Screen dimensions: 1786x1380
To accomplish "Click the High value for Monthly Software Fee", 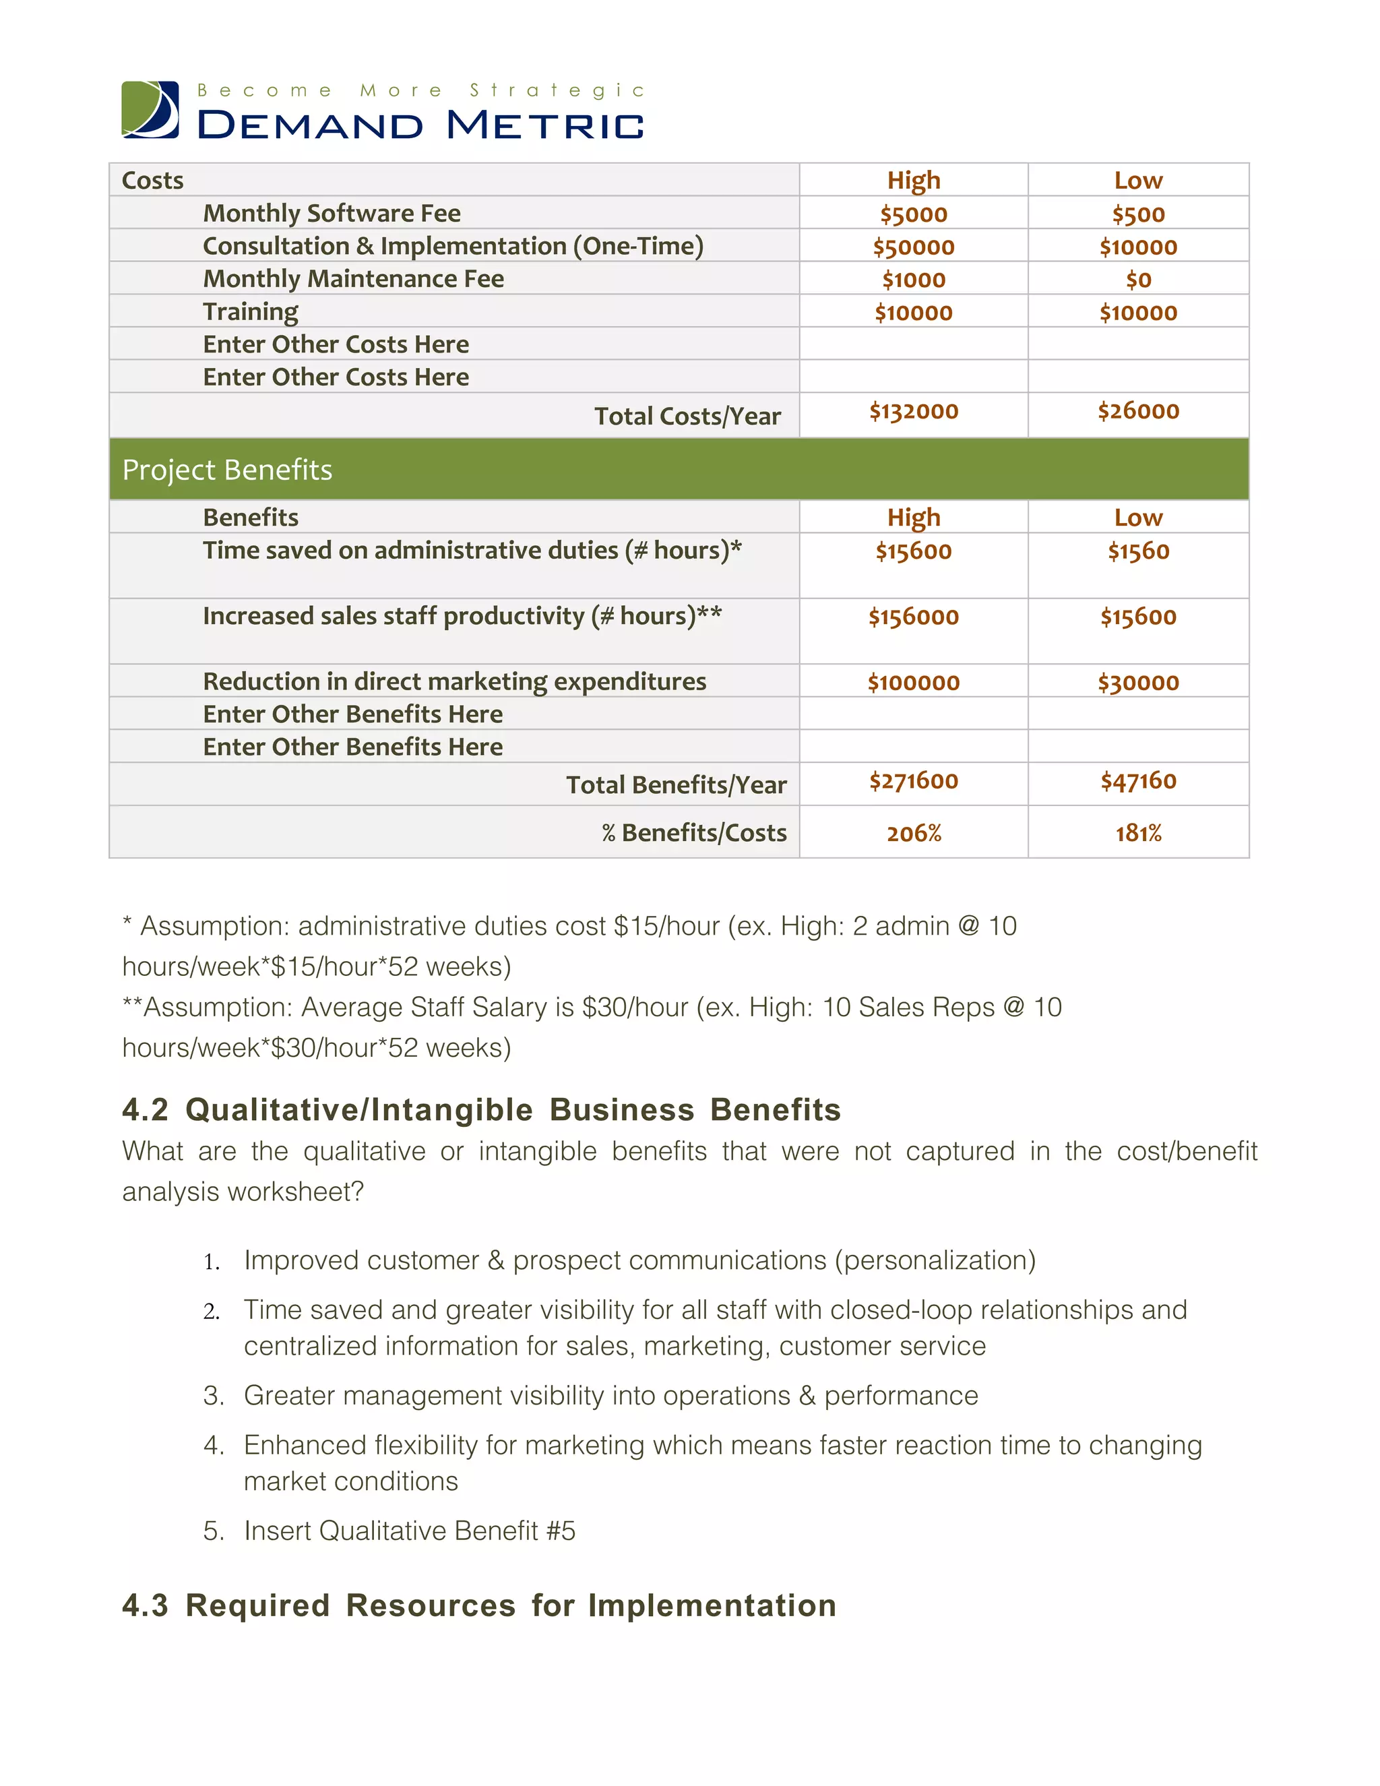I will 913,214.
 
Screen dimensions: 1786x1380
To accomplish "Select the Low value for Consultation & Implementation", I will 1137,247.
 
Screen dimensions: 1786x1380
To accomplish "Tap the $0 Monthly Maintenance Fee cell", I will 1137,280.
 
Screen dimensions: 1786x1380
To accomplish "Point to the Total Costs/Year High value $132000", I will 913,410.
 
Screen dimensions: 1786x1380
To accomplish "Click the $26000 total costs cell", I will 1137,410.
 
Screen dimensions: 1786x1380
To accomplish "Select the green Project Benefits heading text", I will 227,469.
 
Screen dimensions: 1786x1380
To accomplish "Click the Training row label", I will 250,311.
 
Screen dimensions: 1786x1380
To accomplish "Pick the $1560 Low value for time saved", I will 1137,551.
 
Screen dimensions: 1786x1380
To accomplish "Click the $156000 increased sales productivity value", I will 913,617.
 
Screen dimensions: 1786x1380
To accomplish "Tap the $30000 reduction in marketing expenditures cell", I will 1137,682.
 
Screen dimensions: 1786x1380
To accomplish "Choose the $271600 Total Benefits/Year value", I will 913,781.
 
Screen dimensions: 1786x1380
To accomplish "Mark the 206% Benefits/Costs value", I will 913,833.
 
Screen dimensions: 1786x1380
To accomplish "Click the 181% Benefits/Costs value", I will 1137,833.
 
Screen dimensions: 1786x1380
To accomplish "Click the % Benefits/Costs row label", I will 694,832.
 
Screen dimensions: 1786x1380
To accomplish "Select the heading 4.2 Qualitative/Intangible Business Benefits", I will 480,1110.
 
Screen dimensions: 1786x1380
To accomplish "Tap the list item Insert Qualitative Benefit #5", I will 409,1530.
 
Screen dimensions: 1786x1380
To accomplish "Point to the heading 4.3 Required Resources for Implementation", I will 479,1605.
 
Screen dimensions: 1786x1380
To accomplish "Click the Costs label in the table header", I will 153,180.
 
